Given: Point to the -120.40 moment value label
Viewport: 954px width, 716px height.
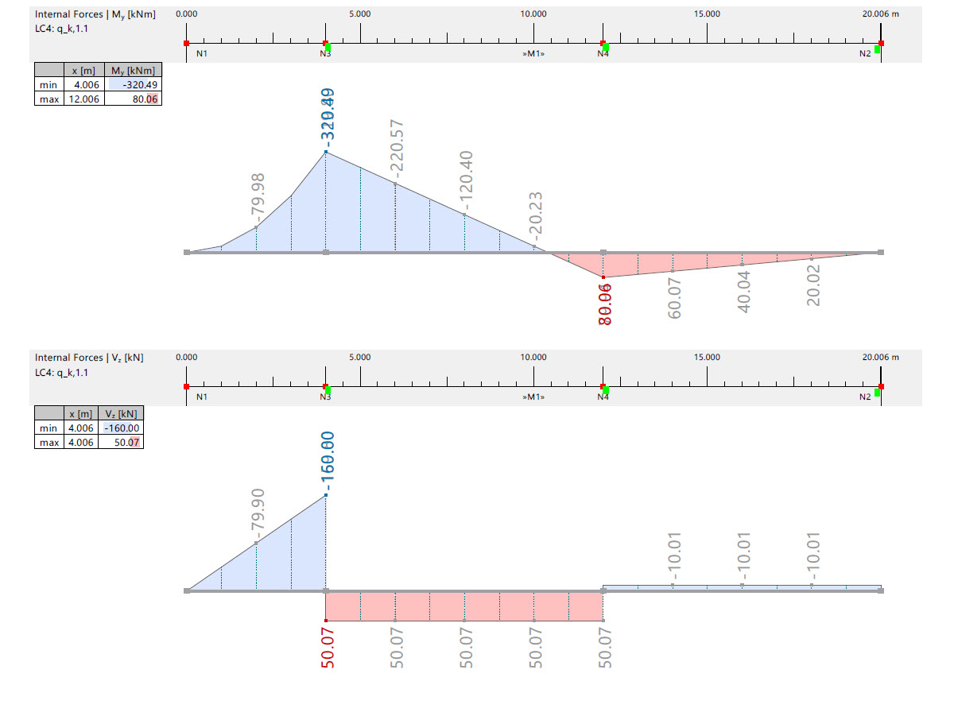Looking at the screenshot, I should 467,176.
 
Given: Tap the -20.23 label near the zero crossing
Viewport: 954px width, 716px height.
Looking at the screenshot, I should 537,215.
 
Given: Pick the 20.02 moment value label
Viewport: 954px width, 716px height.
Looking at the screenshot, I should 813,285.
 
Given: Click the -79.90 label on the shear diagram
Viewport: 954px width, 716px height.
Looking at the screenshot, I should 258,514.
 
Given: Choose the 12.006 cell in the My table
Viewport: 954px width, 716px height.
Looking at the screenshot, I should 83,99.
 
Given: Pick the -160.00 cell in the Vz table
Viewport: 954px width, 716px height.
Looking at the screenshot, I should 121,428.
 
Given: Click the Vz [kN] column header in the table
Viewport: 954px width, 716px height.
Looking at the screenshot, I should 121,414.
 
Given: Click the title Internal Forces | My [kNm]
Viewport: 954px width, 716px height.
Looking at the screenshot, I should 95,14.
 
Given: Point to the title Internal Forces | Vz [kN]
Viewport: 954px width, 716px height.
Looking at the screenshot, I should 89,358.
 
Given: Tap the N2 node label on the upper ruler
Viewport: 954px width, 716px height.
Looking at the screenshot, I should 864,53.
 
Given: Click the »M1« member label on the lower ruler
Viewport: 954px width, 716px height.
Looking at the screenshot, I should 533,397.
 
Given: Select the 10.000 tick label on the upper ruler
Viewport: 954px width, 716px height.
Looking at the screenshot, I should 533,14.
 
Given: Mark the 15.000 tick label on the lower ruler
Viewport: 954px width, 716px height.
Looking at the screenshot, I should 707,357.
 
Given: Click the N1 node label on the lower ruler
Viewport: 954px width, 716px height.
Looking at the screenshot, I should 202,397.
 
